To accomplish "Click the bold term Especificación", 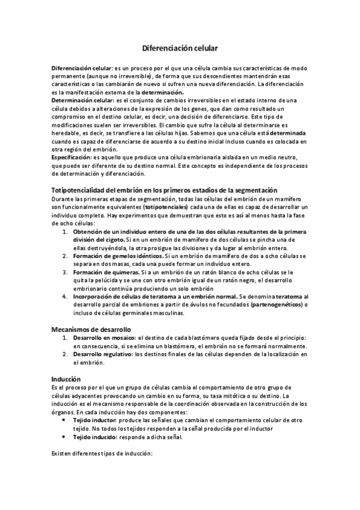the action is click(x=71, y=156).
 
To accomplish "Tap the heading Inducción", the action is click(x=66, y=379).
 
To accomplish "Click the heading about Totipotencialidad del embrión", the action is click(x=165, y=190).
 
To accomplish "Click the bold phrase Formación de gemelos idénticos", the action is click(x=114, y=256).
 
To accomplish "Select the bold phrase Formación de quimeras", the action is click(x=102, y=272).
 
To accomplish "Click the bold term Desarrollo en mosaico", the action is click(x=102, y=339).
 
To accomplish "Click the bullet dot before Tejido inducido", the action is click(x=64, y=437).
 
